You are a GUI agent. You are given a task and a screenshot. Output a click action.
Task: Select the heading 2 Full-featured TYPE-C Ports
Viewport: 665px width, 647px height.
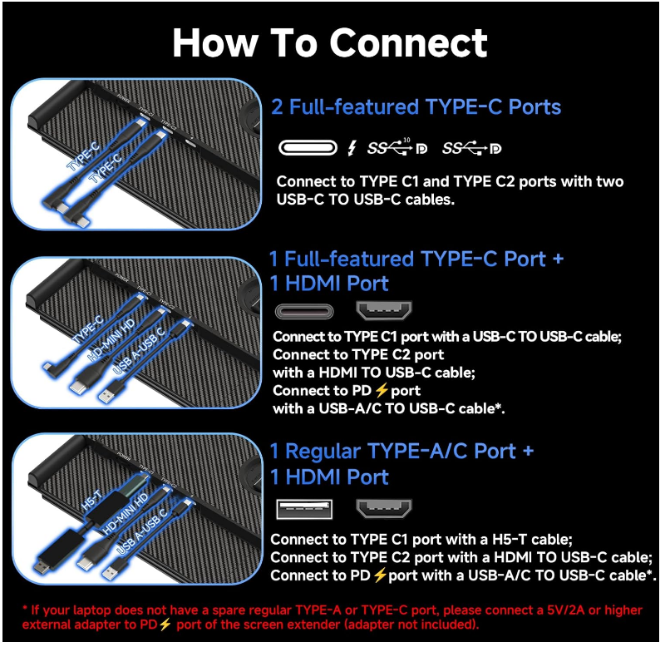[416, 107]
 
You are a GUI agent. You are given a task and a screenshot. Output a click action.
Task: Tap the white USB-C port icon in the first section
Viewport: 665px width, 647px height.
[308, 148]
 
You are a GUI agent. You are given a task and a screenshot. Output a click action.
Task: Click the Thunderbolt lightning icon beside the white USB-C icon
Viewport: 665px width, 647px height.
[352, 148]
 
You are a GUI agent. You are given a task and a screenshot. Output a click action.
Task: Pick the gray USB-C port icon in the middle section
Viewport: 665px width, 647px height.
[304, 312]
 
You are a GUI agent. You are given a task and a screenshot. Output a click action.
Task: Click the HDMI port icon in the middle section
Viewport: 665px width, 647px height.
[384, 312]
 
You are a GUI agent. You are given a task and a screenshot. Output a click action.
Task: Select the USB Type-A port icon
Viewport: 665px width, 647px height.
[304, 507]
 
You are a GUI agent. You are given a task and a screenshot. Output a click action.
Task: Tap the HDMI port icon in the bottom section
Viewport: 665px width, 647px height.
[384, 507]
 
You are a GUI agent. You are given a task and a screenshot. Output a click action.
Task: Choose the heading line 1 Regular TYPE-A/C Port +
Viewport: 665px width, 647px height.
[401, 452]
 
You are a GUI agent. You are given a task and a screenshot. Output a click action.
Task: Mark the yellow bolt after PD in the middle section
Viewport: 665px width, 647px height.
[383, 390]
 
